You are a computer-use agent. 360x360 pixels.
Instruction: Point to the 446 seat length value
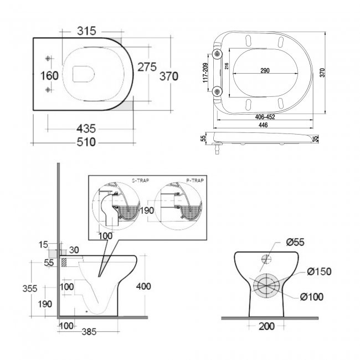(264, 126)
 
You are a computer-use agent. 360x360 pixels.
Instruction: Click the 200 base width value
(267, 327)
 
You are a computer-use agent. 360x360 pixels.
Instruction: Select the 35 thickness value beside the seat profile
(316, 138)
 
